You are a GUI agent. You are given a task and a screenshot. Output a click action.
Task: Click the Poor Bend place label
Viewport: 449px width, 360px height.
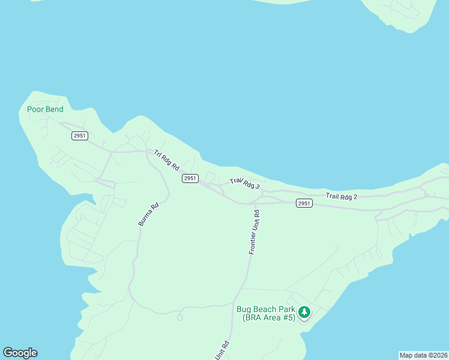click(x=45, y=109)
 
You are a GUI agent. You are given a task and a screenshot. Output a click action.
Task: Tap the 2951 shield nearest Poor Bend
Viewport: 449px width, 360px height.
click(x=80, y=136)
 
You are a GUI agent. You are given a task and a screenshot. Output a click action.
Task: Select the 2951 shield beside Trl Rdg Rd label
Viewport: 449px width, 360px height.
click(x=190, y=178)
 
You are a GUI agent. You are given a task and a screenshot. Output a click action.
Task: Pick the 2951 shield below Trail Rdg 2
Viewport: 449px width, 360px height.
click(x=304, y=203)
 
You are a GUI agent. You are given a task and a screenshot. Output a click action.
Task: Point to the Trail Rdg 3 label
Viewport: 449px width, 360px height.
click(x=244, y=183)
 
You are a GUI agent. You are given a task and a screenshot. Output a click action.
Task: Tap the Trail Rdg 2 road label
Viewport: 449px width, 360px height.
click(x=342, y=196)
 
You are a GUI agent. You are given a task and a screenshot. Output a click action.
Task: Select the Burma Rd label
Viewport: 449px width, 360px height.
click(x=148, y=214)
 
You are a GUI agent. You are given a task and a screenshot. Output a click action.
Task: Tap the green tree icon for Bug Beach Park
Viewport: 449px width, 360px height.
click(x=305, y=312)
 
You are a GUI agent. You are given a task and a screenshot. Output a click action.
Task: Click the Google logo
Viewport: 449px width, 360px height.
click(x=20, y=353)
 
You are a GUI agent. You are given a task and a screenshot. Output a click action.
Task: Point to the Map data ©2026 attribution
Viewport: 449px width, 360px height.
click(x=423, y=355)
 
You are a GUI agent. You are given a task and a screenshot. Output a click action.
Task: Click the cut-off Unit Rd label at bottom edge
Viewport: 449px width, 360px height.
click(x=222, y=351)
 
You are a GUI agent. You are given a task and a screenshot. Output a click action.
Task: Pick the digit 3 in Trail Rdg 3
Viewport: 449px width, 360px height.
click(x=257, y=187)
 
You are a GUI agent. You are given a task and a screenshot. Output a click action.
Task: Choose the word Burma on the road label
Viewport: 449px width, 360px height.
click(x=145, y=219)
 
